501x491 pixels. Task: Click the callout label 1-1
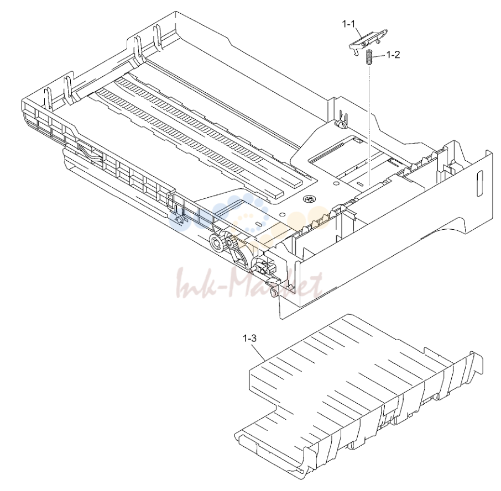coord(348,24)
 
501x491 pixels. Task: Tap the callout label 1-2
coord(393,55)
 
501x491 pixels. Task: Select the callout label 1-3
coord(249,338)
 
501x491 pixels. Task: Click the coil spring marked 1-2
coord(369,57)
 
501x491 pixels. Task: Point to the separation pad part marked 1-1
coord(367,42)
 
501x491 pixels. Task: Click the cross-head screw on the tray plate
coord(309,199)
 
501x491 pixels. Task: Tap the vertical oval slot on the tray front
coord(479,184)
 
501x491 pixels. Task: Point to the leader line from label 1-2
coord(379,56)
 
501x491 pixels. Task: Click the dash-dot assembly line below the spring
coord(369,124)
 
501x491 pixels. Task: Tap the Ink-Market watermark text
coord(249,284)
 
